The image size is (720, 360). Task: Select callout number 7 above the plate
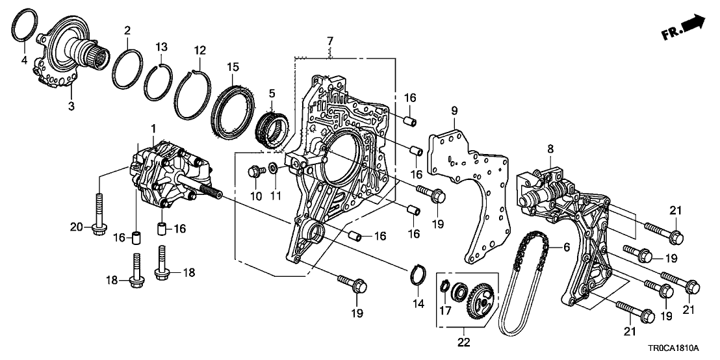(330, 41)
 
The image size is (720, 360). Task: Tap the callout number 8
(550, 149)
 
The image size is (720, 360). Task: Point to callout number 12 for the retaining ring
(199, 49)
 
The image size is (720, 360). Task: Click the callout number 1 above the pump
(153, 126)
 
